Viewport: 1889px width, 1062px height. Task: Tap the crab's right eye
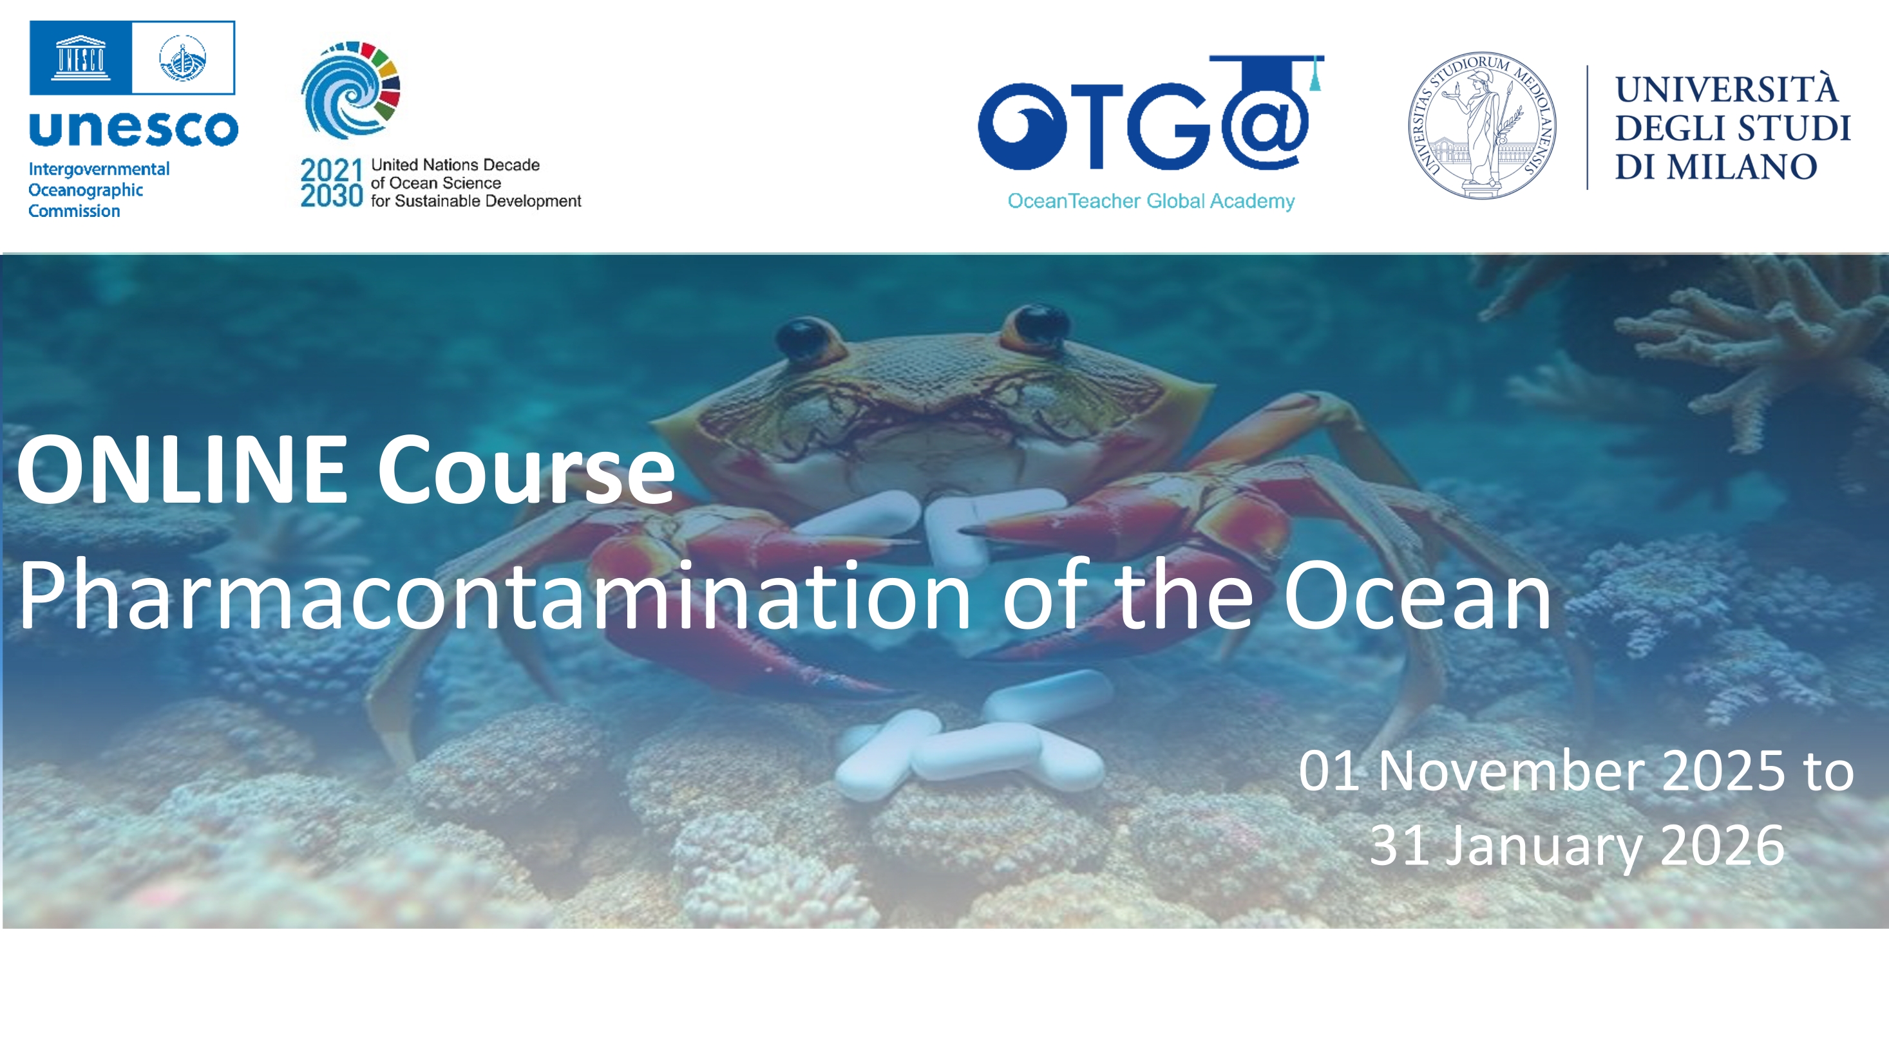[x=1036, y=328]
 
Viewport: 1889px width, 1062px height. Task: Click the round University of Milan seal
[x=1482, y=126]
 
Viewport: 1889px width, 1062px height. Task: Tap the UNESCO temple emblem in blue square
[x=81, y=58]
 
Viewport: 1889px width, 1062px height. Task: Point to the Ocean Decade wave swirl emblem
[x=350, y=90]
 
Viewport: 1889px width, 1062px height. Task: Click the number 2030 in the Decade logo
[x=332, y=196]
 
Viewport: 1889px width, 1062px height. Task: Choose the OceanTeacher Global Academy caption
[x=1150, y=201]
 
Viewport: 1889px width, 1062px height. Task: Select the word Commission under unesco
[x=74, y=211]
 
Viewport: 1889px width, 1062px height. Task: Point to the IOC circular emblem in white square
[x=184, y=58]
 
